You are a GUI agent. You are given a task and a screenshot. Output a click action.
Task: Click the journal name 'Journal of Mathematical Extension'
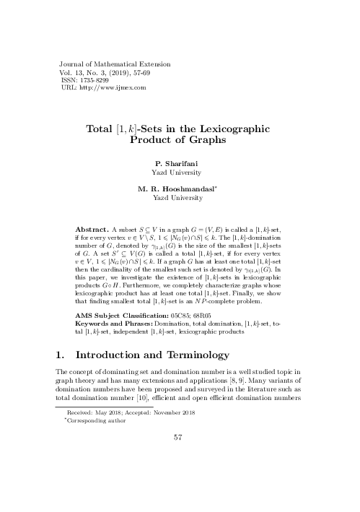[107, 65]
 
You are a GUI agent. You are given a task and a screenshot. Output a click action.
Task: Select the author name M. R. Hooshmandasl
[180, 188]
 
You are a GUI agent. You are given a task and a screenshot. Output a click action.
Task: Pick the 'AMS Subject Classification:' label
[131, 315]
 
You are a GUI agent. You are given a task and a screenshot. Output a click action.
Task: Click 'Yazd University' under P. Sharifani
[180, 173]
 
